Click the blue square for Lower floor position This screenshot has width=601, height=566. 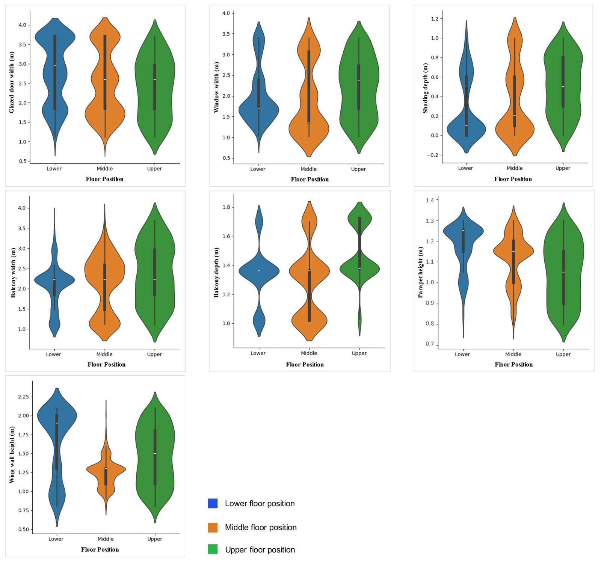click(213, 503)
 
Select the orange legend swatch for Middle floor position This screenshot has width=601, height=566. click(213, 527)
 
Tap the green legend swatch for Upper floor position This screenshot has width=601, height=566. click(213, 549)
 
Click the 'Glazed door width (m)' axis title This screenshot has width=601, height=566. click(12, 83)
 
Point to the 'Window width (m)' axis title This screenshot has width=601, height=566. click(216, 88)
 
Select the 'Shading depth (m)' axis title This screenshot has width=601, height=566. click(425, 88)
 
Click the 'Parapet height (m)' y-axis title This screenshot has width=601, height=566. click(420, 272)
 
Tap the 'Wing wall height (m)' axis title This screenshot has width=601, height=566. click(12, 455)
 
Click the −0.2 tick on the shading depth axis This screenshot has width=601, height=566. click(434, 155)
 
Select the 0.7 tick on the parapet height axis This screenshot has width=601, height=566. click(430, 344)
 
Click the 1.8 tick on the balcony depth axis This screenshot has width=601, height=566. click(226, 207)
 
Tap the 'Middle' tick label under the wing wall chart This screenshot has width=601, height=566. click(106, 539)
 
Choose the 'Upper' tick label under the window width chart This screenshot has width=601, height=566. click(358, 169)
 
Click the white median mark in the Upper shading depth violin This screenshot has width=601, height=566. click(563, 87)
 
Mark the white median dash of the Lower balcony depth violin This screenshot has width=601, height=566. click(259, 271)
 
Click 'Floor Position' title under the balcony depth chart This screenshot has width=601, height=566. click(305, 364)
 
